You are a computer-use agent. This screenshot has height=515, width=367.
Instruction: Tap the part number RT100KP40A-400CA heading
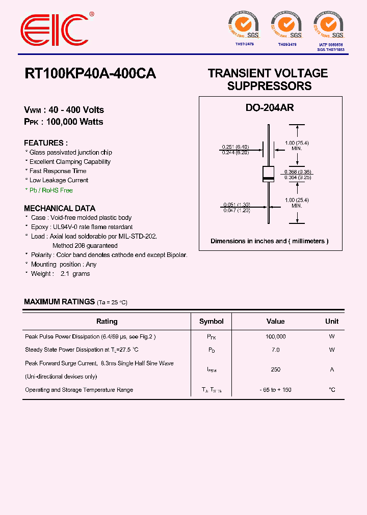click(90, 74)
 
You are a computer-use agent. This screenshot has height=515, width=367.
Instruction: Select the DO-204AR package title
click(270, 108)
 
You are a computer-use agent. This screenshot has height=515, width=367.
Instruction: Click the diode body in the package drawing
click(269, 174)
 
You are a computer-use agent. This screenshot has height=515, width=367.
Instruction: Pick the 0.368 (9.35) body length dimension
click(298, 172)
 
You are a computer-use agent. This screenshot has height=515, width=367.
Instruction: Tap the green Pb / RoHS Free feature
click(49, 190)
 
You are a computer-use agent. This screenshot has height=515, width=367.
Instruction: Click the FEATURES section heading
click(46, 143)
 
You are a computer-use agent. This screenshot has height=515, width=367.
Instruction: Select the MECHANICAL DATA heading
click(60, 208)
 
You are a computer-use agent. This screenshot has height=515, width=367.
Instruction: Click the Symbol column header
click(212, 321)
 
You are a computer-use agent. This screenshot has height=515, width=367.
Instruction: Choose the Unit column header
click(332, 321)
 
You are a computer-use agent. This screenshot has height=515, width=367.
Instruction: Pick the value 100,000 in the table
click(276, 336)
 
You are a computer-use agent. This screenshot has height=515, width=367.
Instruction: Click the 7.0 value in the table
click(276, 350)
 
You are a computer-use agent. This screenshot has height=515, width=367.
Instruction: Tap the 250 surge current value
click(276, 369)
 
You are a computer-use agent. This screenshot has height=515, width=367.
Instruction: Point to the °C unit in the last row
click(332, 390)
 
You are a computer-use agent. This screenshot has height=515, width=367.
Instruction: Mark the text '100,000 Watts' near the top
click(74, 122)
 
